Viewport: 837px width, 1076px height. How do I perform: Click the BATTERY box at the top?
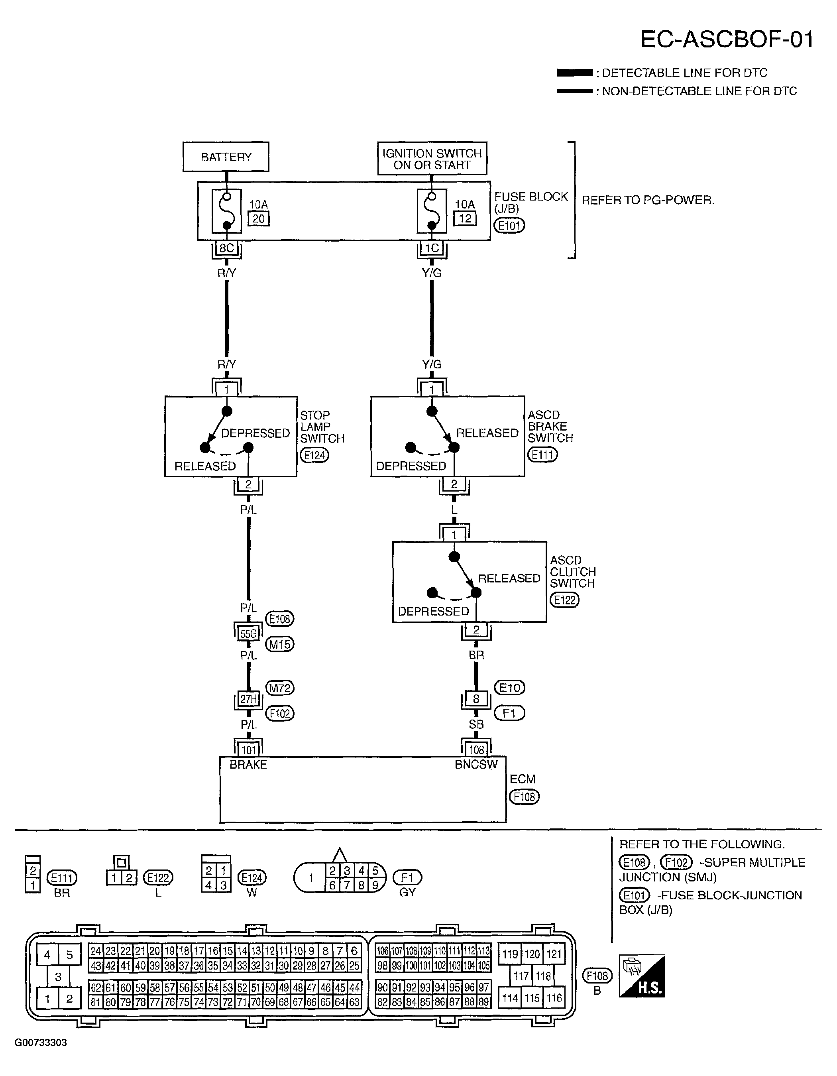226,157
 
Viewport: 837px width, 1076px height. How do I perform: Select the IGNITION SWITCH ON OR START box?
432,158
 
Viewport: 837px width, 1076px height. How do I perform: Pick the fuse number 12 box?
465,218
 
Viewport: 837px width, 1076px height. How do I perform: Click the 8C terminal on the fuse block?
227,248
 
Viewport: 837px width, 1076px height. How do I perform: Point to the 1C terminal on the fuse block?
432,248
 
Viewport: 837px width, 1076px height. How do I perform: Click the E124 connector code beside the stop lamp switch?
314,455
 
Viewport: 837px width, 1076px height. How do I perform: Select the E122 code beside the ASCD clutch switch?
564,600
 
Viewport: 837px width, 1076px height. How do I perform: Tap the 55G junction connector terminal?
248,633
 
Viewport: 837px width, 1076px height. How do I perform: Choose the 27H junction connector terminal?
248,698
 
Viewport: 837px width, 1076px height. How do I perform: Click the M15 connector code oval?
280,644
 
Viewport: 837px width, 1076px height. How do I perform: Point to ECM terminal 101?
248,750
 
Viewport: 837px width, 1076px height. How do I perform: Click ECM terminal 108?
476,750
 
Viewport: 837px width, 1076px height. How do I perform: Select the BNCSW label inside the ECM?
476,764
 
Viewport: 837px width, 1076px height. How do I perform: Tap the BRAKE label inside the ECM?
248,765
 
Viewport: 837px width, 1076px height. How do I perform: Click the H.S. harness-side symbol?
642,976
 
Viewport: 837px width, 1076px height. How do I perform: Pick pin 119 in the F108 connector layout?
510,954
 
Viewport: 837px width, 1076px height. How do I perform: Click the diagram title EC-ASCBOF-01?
727,39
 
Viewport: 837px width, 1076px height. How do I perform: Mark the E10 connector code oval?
509,687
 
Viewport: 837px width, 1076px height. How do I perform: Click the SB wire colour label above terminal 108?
476,724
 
